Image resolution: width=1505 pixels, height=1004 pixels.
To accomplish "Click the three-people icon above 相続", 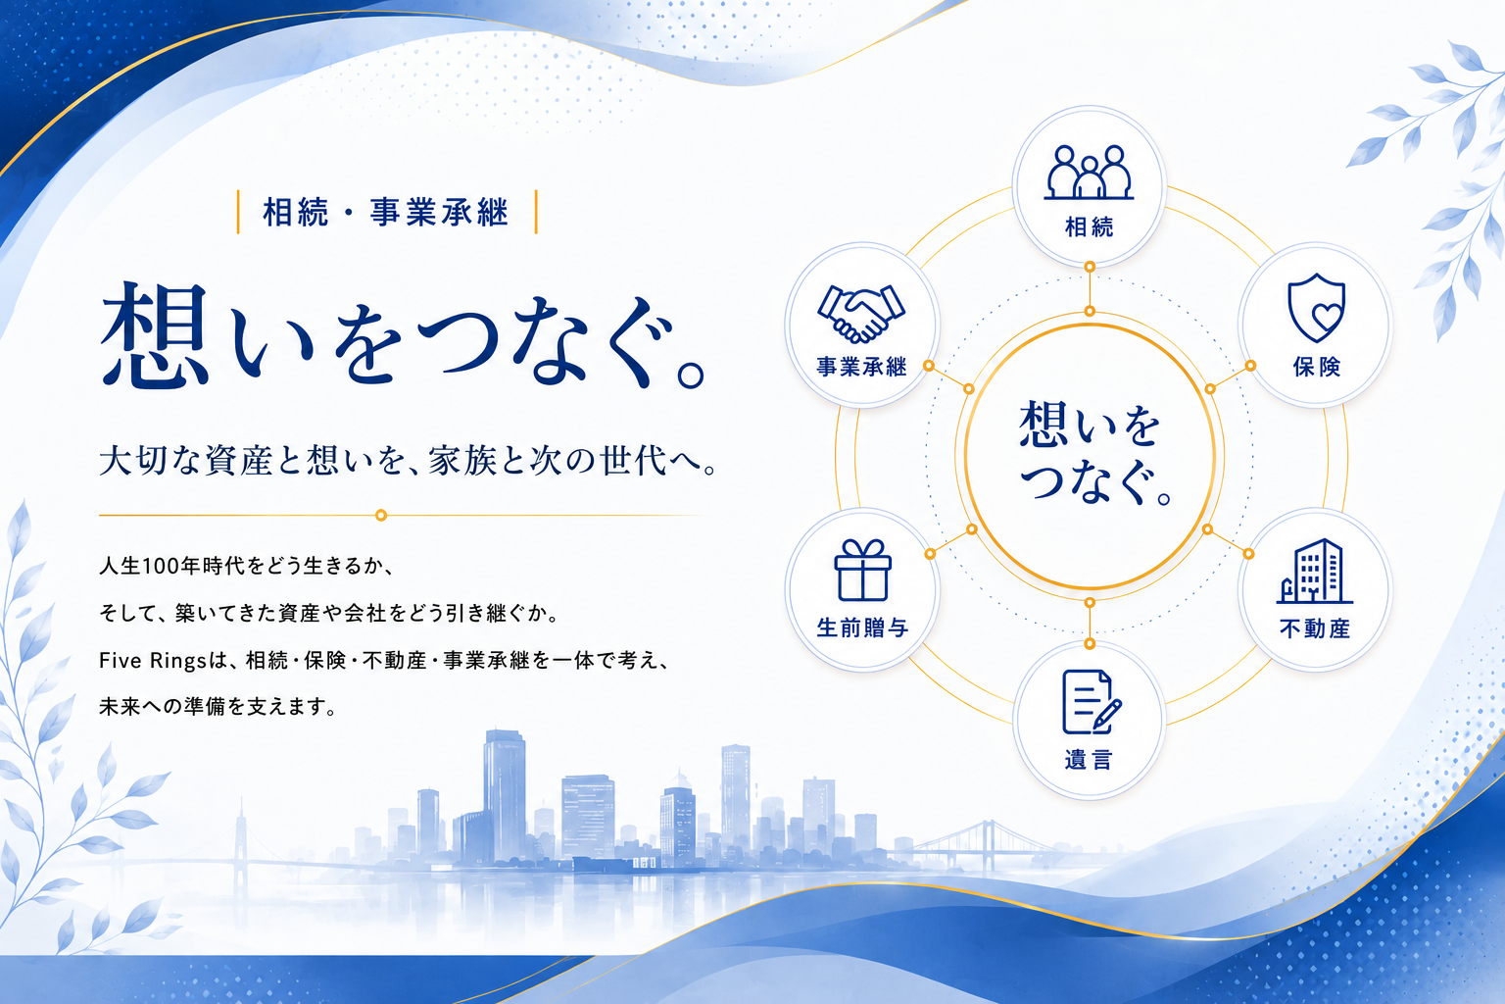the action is (x=1089, y=173).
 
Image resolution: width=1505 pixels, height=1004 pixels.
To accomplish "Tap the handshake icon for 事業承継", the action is (x=861, y=314).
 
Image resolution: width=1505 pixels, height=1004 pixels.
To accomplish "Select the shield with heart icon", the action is (x=1316, y=307).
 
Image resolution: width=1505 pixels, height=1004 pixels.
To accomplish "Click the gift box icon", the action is (x=862, y=571).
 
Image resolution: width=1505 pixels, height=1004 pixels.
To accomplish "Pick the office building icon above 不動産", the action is (x=1314, y=571).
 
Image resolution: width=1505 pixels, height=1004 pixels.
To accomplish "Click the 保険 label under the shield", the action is (x=1316, y=367).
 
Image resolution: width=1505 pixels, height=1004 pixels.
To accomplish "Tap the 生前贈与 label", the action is (x=862, y=627).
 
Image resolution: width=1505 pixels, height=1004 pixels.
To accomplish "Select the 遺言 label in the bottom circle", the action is (x=1089, y=759).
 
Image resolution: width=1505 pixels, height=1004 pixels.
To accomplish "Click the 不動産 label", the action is (x=1315, y=628).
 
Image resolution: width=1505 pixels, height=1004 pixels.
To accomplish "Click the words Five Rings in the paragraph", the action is (x=153, y=661).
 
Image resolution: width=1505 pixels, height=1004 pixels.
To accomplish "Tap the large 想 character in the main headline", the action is (x=156, y=336).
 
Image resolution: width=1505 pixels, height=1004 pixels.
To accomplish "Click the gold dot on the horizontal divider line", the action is (x=381, y=515).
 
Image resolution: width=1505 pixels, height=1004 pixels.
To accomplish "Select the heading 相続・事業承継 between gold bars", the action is (x=386, y=212).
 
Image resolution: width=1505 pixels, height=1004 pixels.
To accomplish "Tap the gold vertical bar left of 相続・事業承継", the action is (x=238, y=212).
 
